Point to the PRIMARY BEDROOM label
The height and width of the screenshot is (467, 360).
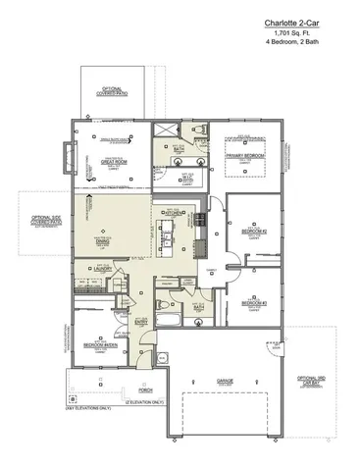click(247, 155)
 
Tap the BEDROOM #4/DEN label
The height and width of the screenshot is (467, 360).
click(99, 343)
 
